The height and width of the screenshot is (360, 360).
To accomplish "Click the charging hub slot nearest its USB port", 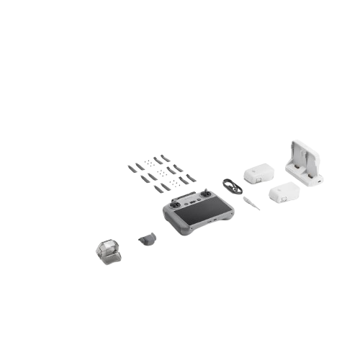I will (x=311, y=173).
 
